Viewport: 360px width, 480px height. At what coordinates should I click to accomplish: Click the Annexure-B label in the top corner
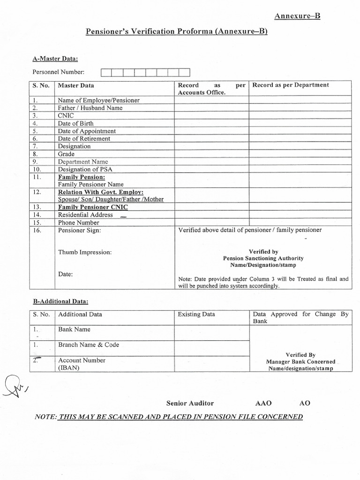(x=297, y=16)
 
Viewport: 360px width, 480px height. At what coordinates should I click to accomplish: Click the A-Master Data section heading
(x=55, y=59)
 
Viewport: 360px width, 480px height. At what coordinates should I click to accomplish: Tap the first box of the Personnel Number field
(x=106, y=73)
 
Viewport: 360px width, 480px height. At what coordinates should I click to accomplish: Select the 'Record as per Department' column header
(x=290, y=85)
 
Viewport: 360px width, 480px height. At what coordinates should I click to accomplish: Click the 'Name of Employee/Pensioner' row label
(x=98, y=100)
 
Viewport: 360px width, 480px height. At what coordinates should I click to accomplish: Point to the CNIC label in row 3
(x=66, y=116)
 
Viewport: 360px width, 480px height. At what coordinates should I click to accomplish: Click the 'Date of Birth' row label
(x=75, y=123)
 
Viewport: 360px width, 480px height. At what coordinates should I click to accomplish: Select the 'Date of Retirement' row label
(x=84, y=139)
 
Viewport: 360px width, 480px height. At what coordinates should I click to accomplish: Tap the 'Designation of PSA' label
(x=85, y=169)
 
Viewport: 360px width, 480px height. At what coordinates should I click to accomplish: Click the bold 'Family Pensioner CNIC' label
(x=92, y=207)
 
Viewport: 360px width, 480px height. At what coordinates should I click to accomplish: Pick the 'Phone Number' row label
(x=78, y=223)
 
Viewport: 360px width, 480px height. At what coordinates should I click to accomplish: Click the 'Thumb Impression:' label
(x=85, y=252)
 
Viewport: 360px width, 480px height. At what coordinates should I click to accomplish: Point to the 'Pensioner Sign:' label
(x=79, y=231)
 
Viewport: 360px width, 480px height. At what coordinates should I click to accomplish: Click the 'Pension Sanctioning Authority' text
(x=263, y=258)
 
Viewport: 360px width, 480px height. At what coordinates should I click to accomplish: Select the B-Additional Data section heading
(x=60, y=301)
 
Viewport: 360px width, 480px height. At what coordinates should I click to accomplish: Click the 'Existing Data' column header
(x=196, y=315)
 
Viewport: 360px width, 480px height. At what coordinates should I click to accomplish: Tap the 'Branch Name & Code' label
(x=88, y=345)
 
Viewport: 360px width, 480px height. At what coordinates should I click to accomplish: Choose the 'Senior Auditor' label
(x=190, y=403)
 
